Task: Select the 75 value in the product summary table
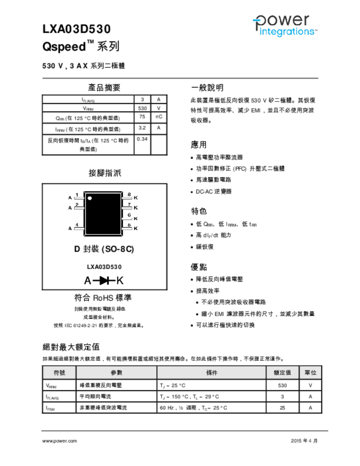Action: point(142,117)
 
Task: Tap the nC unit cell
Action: point(159,117)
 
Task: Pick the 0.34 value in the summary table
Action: point(142,139)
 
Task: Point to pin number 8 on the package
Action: point(129,195)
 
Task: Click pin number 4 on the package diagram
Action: point(77,225)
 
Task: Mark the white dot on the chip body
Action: point(90,198)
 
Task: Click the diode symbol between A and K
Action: point(104,280)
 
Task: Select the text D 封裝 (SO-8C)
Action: point(104,249)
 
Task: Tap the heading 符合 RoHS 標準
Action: point(103,298)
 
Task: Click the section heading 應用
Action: point(199,145)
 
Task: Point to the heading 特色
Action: point(199,211)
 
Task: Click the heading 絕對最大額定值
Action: point(71,347)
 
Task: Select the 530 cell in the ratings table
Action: point(282,385)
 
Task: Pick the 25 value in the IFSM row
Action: point(282,408)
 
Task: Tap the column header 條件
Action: point(212,372)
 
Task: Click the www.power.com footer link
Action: point(60,441)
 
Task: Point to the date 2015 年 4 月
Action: point(304,441)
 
